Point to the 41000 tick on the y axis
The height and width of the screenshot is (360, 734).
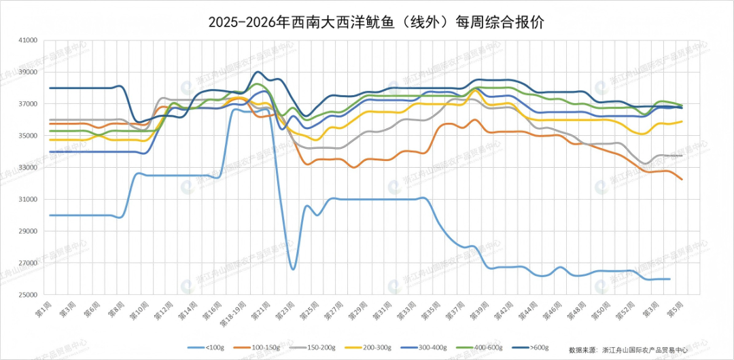pyautogui.click(x=28, y=40)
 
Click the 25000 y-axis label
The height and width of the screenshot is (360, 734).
pyautogui.click(x=28, y=295)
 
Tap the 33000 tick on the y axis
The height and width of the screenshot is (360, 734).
pyautogui.click(x=28, y=167)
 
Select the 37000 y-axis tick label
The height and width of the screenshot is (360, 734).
pyautogui.click(x=28, y=104)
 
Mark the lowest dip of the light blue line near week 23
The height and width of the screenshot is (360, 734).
pyautogui.click(x=293, y=270)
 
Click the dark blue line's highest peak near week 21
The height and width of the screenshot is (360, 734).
pyautogui.click(x=258, y=71)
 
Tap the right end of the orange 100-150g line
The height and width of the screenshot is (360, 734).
pyautogui.click(x=682, y=179)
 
